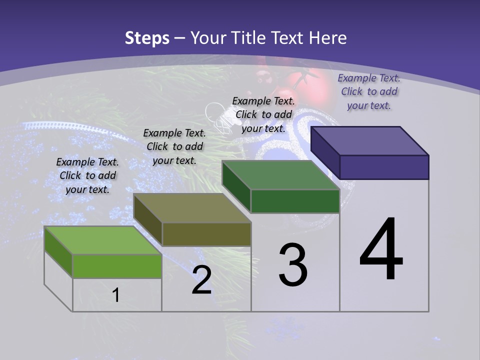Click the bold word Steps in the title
tap(147, 38)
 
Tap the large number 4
tap(381, 249)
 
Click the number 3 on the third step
tap(293, 265)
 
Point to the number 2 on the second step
tap(201, 280)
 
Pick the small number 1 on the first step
tap(115, 295)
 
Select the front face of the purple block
tap(384, 167)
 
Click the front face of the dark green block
tap(295, 201)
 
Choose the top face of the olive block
tap(192, 208)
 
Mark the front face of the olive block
tap(206, 234)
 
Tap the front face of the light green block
tap(117, 266)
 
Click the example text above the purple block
tap(369, 91)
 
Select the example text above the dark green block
tap(263, 114)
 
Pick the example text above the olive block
tap(174, 146)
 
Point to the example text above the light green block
tap(87, 175)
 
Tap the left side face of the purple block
tap(325, 152)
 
